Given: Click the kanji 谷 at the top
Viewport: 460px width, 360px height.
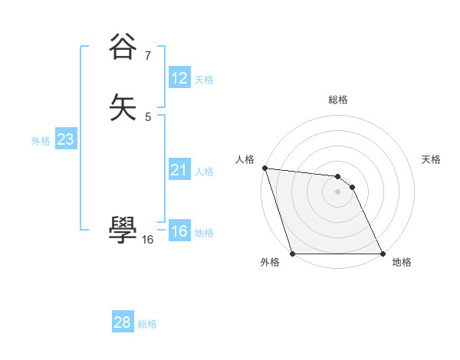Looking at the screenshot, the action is pos(123,47).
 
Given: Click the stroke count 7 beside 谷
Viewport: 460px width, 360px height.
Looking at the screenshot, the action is pos(147,55).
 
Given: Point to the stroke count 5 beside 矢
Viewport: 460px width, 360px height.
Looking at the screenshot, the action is pos(148,116).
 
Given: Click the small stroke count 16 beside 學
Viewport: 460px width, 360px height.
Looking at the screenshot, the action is pos(147,240).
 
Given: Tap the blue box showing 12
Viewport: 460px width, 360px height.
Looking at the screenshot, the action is pos(179,78).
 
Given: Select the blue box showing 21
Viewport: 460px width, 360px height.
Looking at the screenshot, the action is pos(179,170).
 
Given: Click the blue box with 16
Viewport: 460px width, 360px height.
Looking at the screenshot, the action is pos(179,231).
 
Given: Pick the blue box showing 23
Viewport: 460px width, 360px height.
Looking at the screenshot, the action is pos(65,139).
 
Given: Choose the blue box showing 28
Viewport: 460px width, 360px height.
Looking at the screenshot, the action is pos(123,322).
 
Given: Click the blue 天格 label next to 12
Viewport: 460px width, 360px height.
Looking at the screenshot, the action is pos(204,79).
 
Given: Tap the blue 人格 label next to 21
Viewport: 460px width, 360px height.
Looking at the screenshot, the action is pos(204,171).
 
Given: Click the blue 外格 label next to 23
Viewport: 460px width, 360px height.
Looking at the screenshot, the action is pos(41,140).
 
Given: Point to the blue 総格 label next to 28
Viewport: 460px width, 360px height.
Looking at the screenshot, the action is pos(147,324).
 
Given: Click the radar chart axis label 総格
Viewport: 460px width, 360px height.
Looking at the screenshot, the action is pos(337,100).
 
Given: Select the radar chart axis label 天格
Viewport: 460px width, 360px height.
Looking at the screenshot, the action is pos(432,159).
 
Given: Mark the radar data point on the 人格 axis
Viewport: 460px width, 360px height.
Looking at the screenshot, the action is pos(264,168).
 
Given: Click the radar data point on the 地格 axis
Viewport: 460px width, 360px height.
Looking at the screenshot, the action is pos(382,254).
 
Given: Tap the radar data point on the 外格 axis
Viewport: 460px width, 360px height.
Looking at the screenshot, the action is pos(293,254).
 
